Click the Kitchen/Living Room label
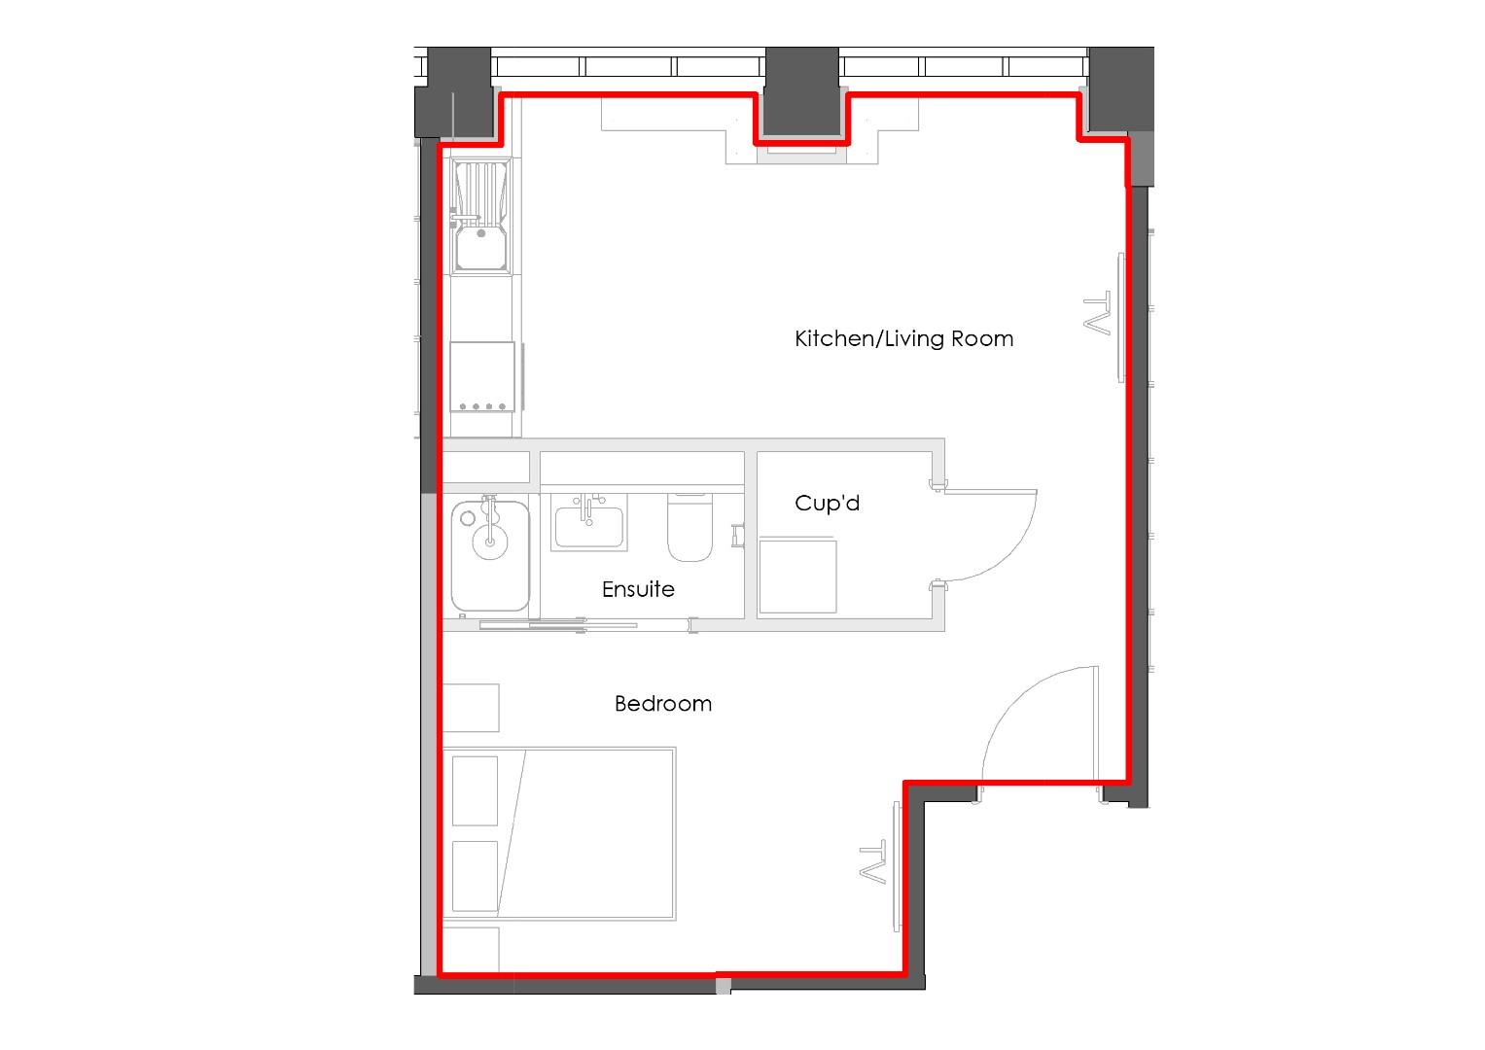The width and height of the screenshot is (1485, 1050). click(903, 338)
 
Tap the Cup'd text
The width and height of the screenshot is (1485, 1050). click(827, 503)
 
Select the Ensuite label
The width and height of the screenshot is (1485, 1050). click(638, 589)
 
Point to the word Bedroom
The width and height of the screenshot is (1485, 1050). click(663, 703)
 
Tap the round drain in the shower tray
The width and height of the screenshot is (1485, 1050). click(489, 542)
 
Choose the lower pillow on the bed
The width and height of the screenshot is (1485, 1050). click(476, 876)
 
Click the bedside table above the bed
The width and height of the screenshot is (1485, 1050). click(472, 707)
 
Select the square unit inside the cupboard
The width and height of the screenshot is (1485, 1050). click(797, 577)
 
